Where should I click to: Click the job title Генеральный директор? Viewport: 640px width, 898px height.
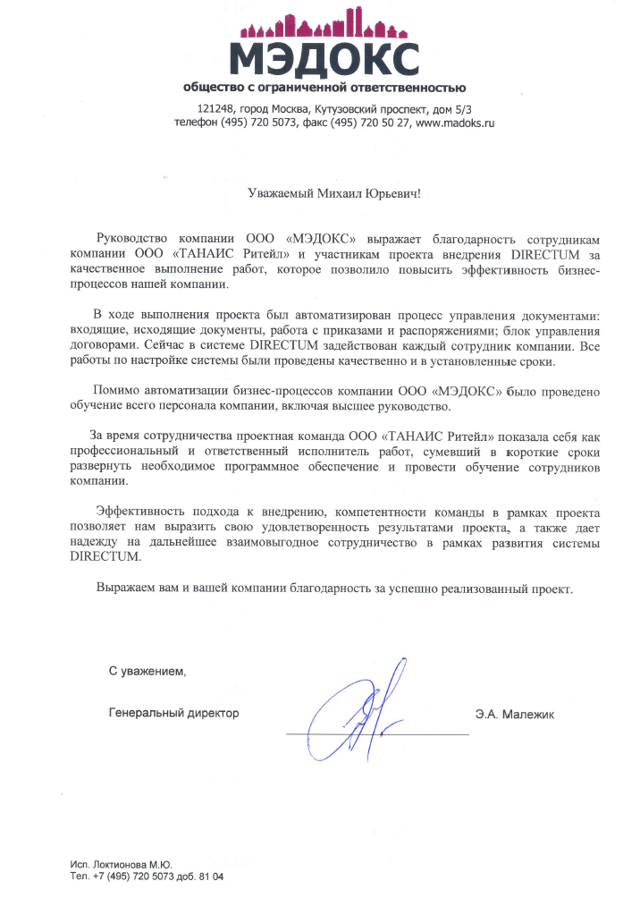click(x=174, y=714)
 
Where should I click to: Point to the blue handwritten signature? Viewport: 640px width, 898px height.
click(x=362, y=716)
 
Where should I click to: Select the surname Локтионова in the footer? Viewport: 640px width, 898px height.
click(x=119, y=865)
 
